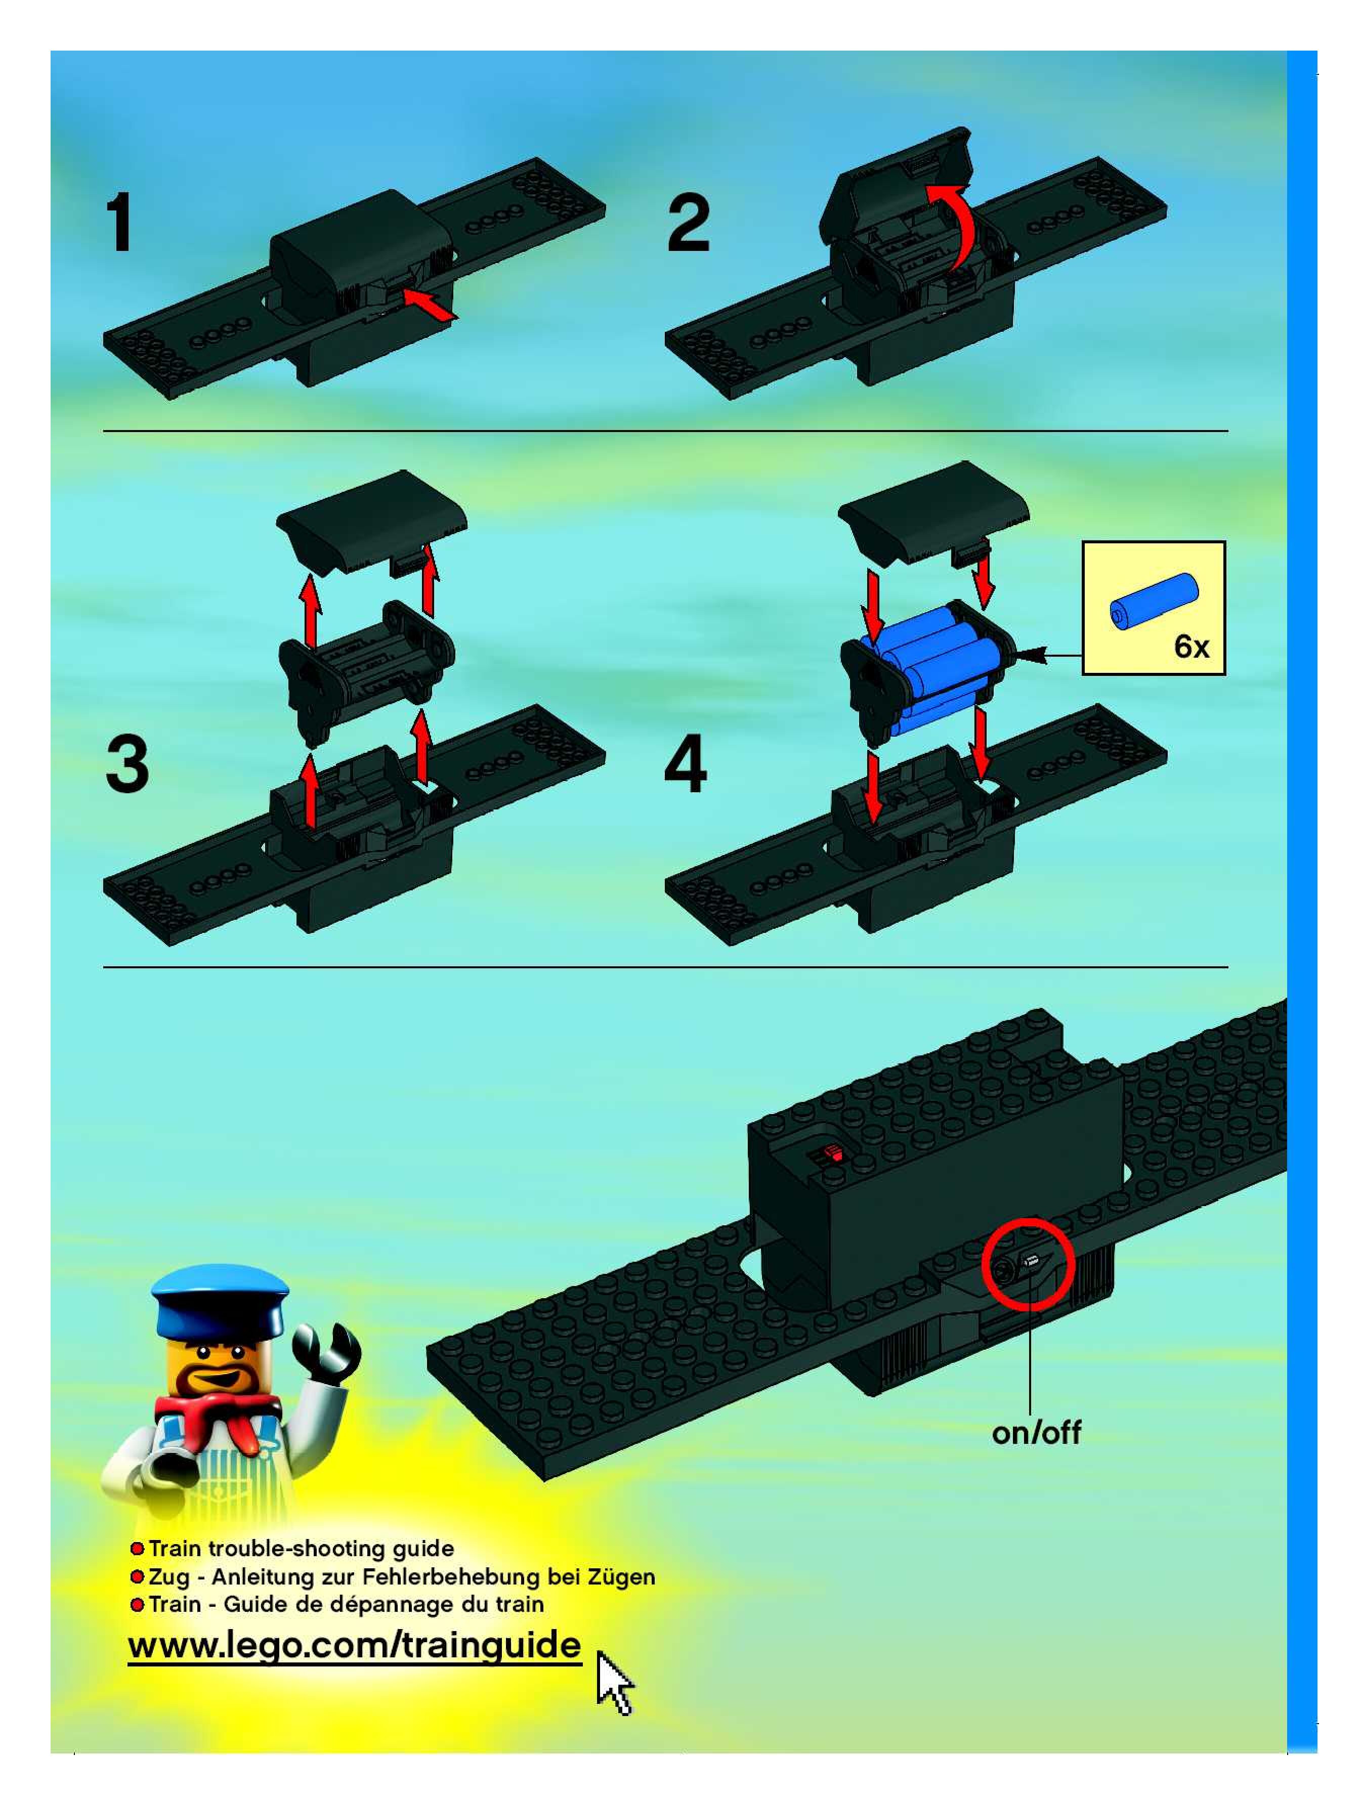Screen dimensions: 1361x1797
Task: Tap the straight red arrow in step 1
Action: coord(429,304)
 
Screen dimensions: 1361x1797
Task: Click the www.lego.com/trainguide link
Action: coord(355,1645)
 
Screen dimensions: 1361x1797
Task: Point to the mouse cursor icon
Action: coord(614,1682)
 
